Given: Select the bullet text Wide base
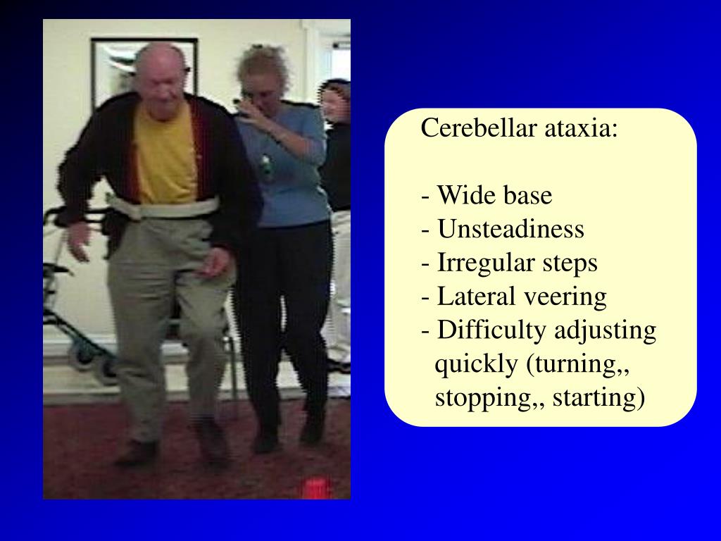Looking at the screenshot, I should coord(494,196).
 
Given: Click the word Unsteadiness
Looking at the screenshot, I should coord(510,229).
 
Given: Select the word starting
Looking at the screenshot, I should coord(598,397).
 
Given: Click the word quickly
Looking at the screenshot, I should coord(476,364).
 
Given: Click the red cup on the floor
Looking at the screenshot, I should coord(316,487).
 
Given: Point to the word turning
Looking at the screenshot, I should coord(575,364).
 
